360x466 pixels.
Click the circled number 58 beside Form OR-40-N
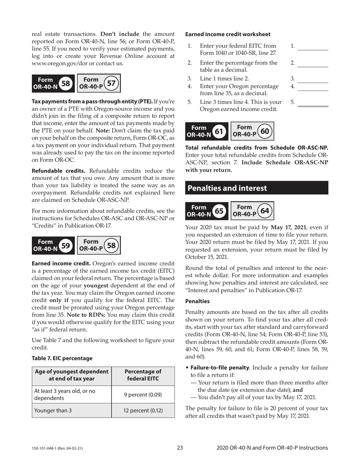pos(66,83)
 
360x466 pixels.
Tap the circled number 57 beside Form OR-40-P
pos(111,83)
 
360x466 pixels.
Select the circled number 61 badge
pos(219,131)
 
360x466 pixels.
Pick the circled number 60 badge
pos(265,131)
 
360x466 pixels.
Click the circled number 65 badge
pos(219,210)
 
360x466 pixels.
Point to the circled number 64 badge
pos(265,210)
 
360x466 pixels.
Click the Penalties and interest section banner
pos(257,188)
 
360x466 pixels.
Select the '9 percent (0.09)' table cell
pos(143,394)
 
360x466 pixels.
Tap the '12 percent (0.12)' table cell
pos(143,410)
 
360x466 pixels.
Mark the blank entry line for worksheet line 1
pos(313,49)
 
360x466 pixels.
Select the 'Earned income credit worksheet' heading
pos(228,34)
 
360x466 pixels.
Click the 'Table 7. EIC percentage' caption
pos(62,358)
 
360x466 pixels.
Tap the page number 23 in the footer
pos(180,448)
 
